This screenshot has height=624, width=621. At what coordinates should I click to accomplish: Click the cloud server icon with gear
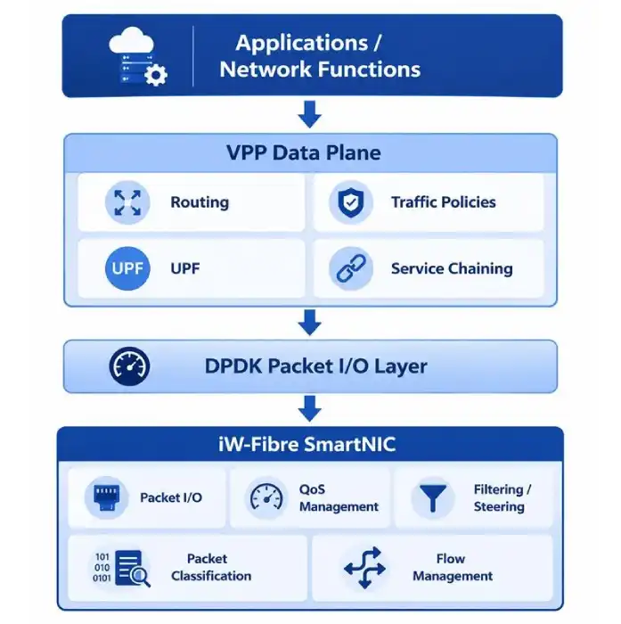click(x=137, y=56)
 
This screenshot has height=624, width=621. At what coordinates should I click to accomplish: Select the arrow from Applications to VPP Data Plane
click(x=309, y=114)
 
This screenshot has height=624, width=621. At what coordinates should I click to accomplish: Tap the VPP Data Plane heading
click(x=304, y=152)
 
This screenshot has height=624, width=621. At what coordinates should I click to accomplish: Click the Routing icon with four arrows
click(x=127, y=202)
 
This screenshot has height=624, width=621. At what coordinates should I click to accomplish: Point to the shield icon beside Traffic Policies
click(x=350, y=202)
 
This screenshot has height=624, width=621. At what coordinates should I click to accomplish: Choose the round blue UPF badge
click(x=127, y=268)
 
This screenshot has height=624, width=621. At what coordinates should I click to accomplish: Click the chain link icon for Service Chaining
click(x=351, y=268)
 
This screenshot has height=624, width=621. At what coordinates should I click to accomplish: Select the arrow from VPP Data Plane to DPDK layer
click(x=309, y=323)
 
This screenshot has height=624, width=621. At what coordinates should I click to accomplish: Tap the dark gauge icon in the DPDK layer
click(x=129, y=366)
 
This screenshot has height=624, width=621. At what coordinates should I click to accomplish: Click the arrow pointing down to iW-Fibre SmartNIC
click(x=309, y=408)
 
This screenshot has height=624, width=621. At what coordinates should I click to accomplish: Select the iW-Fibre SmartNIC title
click(x=307, y=444)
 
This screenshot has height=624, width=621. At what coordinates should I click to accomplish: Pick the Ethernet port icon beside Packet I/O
click(x=106, y=497)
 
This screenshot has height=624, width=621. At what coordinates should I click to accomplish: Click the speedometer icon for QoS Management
click(x=266, y=497)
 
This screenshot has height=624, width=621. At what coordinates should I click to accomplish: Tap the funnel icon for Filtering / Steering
click(x=433, y=497)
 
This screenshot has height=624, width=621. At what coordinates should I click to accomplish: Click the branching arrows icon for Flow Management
click(x=364, y=568)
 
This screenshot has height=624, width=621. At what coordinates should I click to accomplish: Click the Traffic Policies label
click(x=443, y=202)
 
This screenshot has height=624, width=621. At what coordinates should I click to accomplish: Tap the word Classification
click(x=211, y=576)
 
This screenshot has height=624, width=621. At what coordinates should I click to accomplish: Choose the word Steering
click(x=499, y=506)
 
